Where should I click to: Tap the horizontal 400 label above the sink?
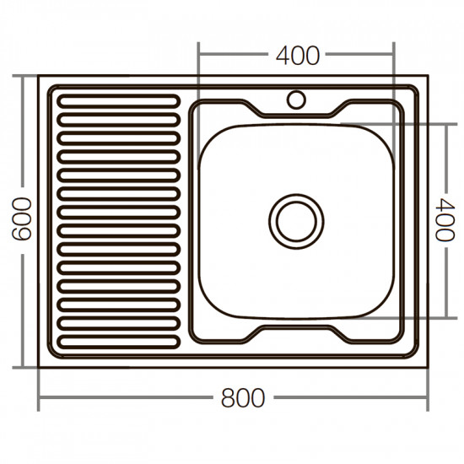297,56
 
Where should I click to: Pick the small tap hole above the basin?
296,100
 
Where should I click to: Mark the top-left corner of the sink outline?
39,75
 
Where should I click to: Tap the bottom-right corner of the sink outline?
428,368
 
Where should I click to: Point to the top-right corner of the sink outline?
428,75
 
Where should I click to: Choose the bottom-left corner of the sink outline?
39,368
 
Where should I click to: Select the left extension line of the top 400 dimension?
198,76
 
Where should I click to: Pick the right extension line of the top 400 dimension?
393,76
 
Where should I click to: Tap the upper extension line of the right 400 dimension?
422,123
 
